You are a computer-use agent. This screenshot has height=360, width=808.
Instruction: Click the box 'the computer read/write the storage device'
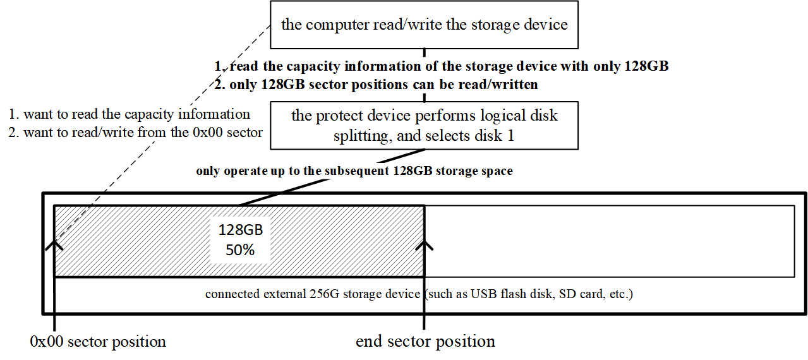click(x=424, y=25)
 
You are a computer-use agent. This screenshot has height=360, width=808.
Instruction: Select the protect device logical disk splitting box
click(x=424, y=126)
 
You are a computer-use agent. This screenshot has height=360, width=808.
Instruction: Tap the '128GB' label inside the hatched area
click(x=241, y=230)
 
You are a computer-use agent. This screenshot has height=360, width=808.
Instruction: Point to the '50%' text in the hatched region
click(x=240, y=250)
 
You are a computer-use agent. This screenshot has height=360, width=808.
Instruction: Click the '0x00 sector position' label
click(x=98, y=342)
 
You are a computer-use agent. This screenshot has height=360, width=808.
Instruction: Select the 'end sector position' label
click(x=425, y=341)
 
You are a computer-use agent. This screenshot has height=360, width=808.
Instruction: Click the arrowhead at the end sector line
click(x=424, y=246)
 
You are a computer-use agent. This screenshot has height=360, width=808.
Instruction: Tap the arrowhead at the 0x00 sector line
click(x=54, y=246)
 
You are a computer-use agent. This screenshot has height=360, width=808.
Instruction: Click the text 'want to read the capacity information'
click(x=136, y=114)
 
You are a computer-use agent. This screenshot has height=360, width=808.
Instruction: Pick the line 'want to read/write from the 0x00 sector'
click(x=143, y=133)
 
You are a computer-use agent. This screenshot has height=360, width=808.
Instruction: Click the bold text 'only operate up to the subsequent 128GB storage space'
click(x=354, y=171)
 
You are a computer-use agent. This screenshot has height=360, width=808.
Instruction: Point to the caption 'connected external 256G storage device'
click(x=313, y=294)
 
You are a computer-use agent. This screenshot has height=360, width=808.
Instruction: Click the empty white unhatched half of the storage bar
click(x=610, y=241)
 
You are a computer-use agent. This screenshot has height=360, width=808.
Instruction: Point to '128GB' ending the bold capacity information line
click(x=646, y=66)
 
